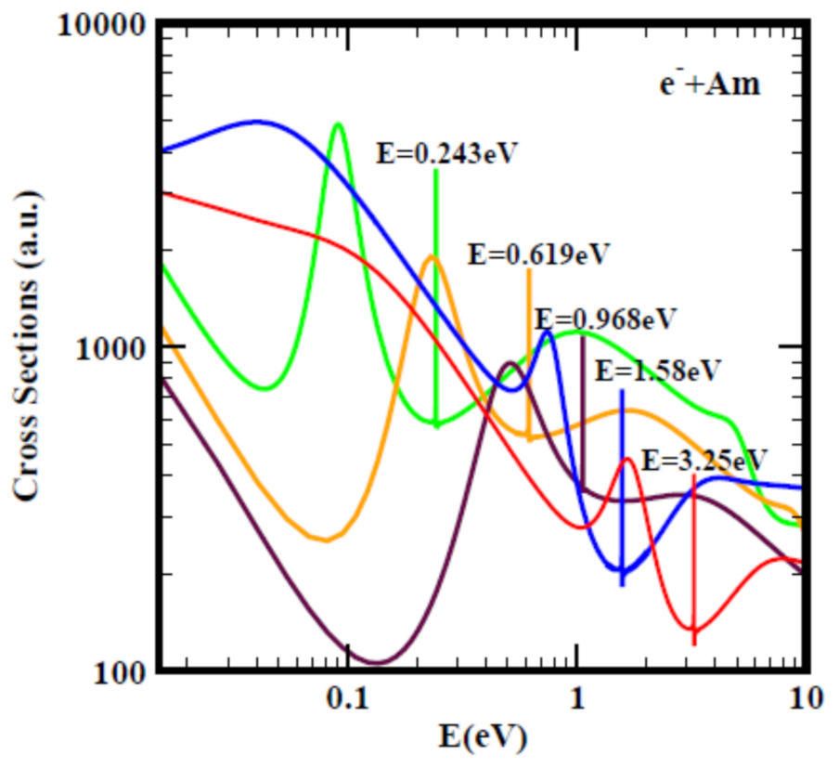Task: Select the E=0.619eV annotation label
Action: (537, 254)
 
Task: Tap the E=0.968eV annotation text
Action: (605, 318)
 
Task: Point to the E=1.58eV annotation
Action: (657, 370)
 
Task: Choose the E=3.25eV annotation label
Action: (704, 460)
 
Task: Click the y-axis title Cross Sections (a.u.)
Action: (27, 345)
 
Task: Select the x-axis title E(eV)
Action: (484, 738)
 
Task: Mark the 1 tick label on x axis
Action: (577, 699)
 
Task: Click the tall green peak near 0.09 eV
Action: (339, 124)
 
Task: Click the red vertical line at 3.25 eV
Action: (693, 557)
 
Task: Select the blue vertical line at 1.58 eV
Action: (622, 483)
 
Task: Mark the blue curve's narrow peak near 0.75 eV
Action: (549, 332)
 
